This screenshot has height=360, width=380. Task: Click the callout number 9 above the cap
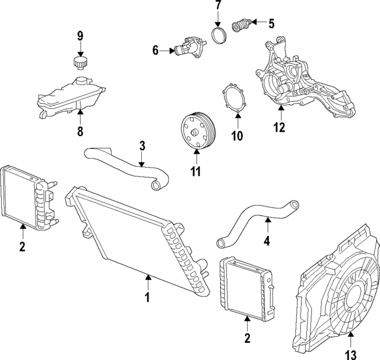coord(80,37)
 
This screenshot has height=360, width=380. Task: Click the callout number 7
coord(218,7)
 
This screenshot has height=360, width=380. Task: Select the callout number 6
coord(156,50)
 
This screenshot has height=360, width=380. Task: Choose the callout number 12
coord(279,127)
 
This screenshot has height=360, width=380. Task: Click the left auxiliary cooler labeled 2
coord(27,196)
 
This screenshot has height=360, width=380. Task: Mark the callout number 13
coord(351,354)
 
